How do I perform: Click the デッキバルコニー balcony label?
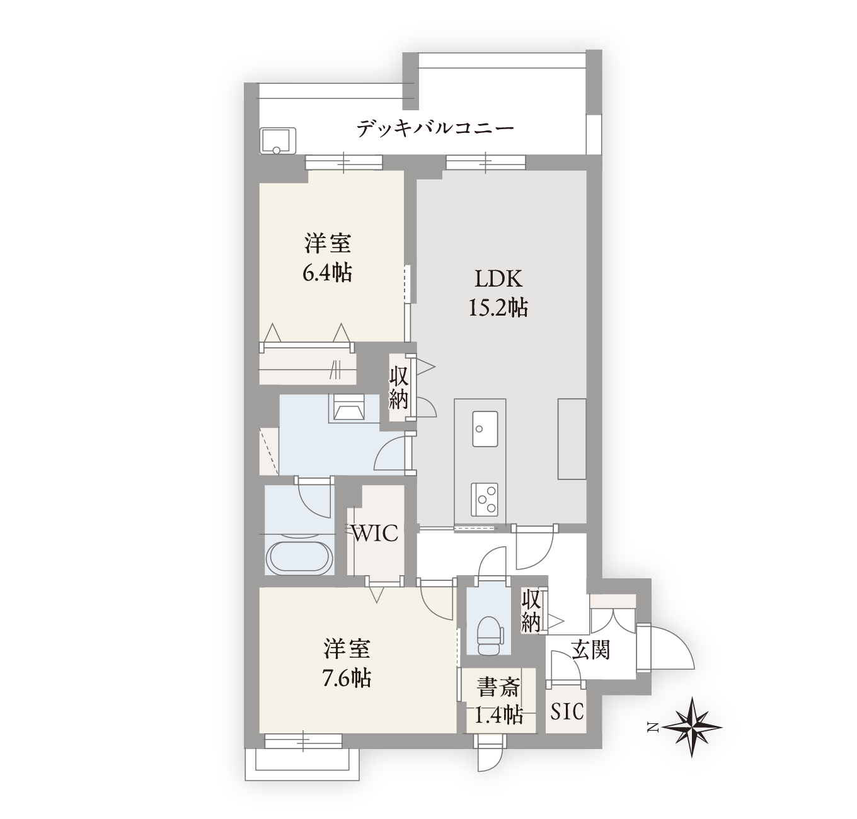[435, 129]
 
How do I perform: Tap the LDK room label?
[498, 278]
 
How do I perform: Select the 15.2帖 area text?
[498, 307]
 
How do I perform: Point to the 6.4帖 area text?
[327, 273]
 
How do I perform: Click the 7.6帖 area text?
[347, 678]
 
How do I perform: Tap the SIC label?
[567, 711]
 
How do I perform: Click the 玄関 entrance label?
[591, 650]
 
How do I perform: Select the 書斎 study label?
[499, 688]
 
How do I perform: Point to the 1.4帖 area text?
[498, 716]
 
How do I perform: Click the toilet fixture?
[489, 636]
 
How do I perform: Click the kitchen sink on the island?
[485, 429]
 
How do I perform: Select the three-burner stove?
[485, 500]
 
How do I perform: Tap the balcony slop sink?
[278, 141]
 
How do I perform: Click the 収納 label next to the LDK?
[398, 388]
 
